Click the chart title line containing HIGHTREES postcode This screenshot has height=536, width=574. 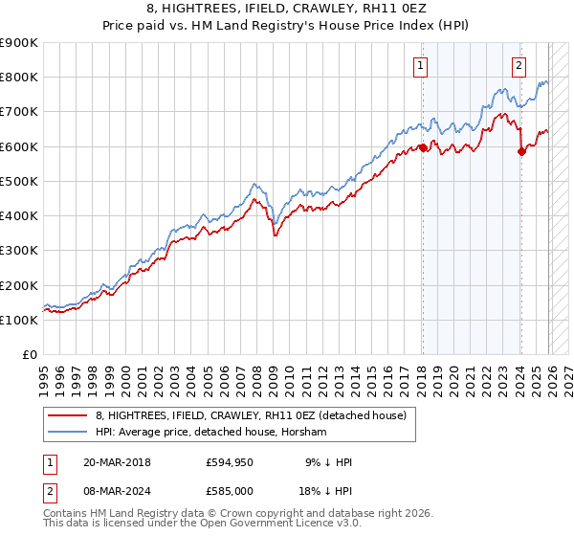[x=287, y=11]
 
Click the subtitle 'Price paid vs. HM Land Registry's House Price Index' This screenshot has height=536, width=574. [x=287, y=27]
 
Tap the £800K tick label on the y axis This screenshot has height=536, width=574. [x=19, y=78]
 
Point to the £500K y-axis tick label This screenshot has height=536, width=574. [x=19, y=182]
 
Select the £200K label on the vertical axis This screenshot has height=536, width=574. [x=19, y=286]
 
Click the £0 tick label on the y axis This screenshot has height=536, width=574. [x=31, y=355]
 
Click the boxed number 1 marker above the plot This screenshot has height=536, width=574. [x=421, y=66]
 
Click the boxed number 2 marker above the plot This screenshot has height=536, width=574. [x=519, y=66]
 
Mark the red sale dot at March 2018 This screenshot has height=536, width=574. [x=423, y=148]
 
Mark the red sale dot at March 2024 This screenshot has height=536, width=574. [x=521, y=151]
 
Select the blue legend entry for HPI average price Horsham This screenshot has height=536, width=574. [x=210, y=433]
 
